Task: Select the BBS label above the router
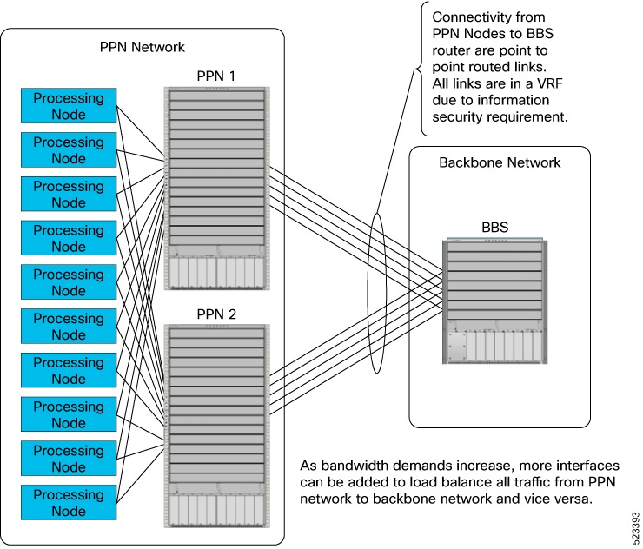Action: pyautogui.click(x=495, y=228)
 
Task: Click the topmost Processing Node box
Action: pyautogui.click(x=68, y=106)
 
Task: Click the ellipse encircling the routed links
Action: pyautogui.click(x=376, y=287)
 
